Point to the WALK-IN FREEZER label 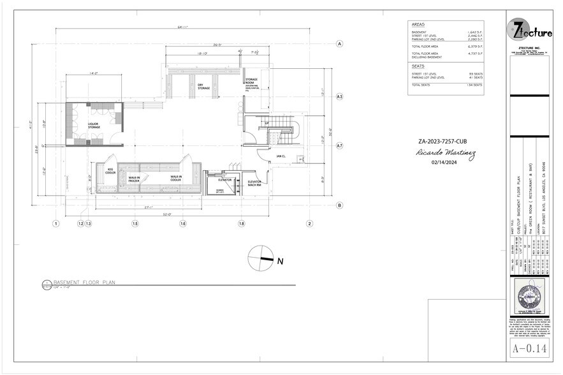pyautogui.click(x=134, y=179)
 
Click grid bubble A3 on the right pyautogui.click(x=340, y=96)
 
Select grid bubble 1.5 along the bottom pyautogui.click(x=135, y=224)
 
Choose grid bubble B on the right pyautogui.click(x=340, y=205)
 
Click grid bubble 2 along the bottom pyautogui.click(x=309, y=224)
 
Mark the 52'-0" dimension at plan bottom pyautogui.click(x=168, y=214)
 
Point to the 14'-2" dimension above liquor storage pyautogui.click(x=93, y=74)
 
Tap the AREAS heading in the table pyautogui.click(x=418, y=24)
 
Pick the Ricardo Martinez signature pyautogui.click(x=439, y=153)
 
